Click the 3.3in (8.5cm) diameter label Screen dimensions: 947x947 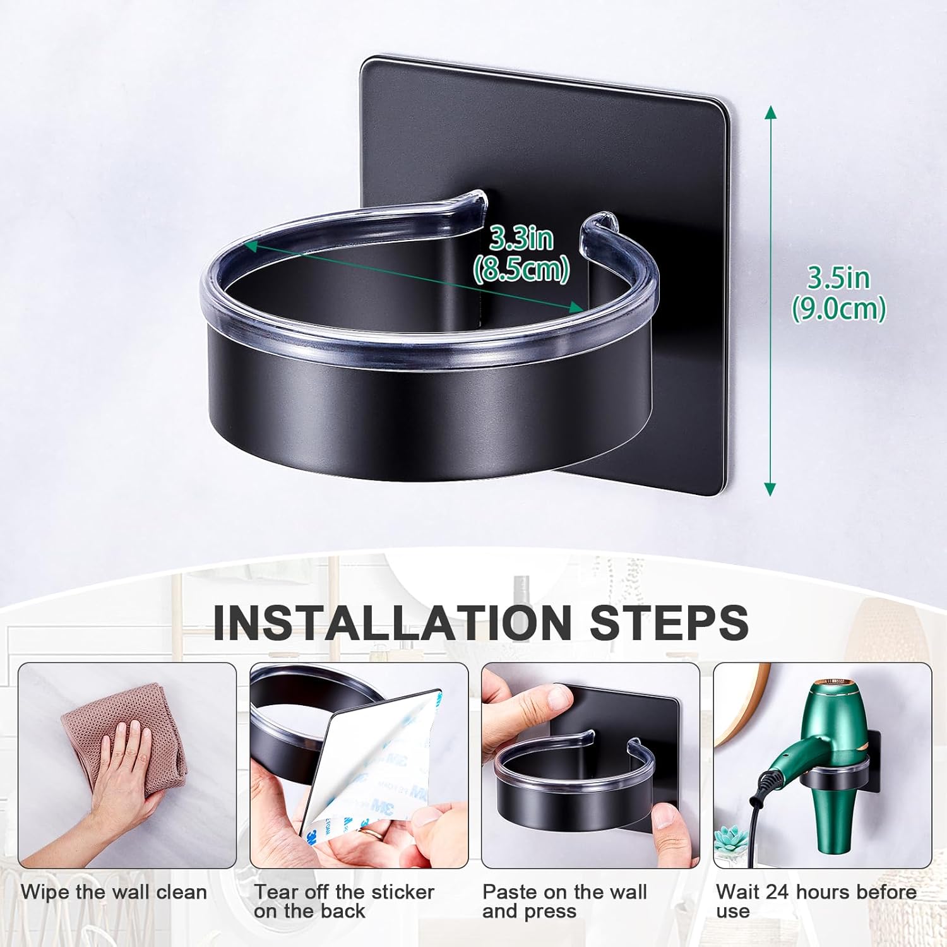[x=522, y=254]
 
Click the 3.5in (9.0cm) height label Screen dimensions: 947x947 [x=839, y=294]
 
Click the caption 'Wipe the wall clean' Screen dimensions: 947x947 [x=114, y=892]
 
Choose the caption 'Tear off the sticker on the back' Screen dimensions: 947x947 [x=344, y=902]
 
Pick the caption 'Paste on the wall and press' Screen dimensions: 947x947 [x=564, y=902]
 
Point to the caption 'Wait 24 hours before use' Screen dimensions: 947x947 [x=816, y=902]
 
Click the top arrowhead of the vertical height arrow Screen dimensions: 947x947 [x=770, y=112]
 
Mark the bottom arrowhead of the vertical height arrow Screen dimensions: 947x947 [x=770, y=489]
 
